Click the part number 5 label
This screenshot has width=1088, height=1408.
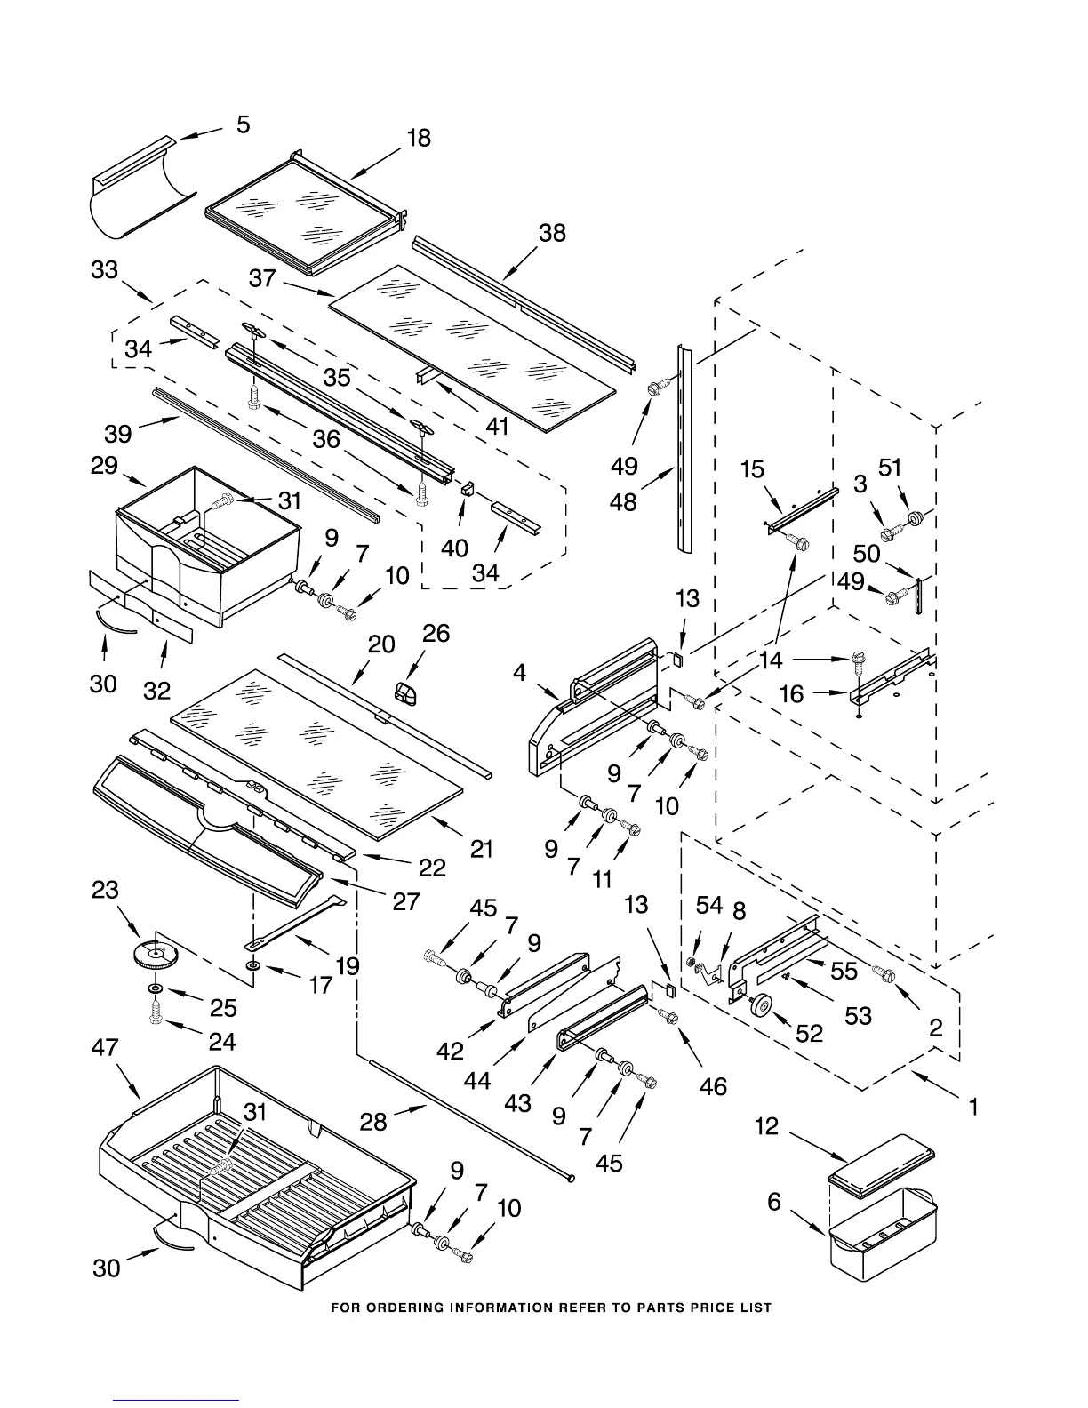(x=243, y=124)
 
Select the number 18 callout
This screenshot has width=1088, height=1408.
(x=419, y=138)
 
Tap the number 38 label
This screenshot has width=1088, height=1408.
(x=552, y=233)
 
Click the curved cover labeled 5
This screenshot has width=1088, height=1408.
(x=141, y=188)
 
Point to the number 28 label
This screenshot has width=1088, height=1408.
(x=373, y=1122)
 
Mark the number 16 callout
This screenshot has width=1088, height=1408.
(x=791, y=694)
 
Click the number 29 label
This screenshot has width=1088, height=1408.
(x=104, y=466)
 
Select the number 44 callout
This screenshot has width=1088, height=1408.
(x=477, y=1080)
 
